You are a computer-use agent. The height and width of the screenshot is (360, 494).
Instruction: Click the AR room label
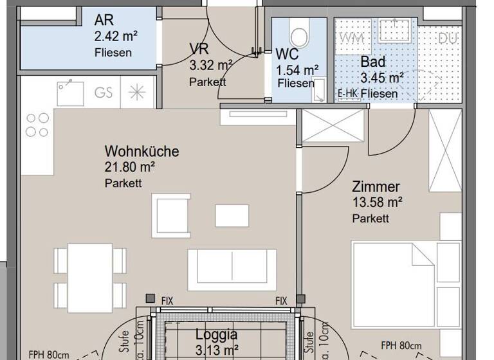pyautogui.click(x=104, y=19)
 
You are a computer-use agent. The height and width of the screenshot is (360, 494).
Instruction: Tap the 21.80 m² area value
pyautogui.click(x=129, y=168)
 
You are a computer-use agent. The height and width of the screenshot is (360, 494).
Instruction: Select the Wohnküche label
pyautogui.click(x=142, y=152)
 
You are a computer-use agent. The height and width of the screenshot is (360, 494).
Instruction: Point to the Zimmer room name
pyautogui.click(x=376, y=187)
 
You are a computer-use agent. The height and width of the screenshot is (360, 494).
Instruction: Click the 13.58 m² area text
pyautogui.click(x=377, y=203)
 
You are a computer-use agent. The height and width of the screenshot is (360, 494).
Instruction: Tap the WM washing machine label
pyautogui.click(x=351, y=38)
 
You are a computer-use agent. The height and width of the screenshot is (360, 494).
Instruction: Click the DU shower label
pyautogui.click(x=447, y=39)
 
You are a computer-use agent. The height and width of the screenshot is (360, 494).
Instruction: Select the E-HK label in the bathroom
pyautogui.click(x=347, y=94)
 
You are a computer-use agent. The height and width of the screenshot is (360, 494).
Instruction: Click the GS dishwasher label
pyautogui.click(x=104, y=92)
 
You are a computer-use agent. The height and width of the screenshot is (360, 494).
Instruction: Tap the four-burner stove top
pyautogui.click(x=37, y=125)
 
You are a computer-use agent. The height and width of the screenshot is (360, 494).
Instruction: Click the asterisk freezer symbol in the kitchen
pyautogui.click(x=137, y=92)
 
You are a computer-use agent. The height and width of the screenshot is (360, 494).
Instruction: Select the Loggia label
pyautogui.click(x=216, y=334)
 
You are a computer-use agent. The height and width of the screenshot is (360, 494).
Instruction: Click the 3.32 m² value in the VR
pyautogui.click(x=210, y=65)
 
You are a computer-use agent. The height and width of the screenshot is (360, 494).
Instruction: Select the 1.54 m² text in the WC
pyautogui.click(x=298, y=69)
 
